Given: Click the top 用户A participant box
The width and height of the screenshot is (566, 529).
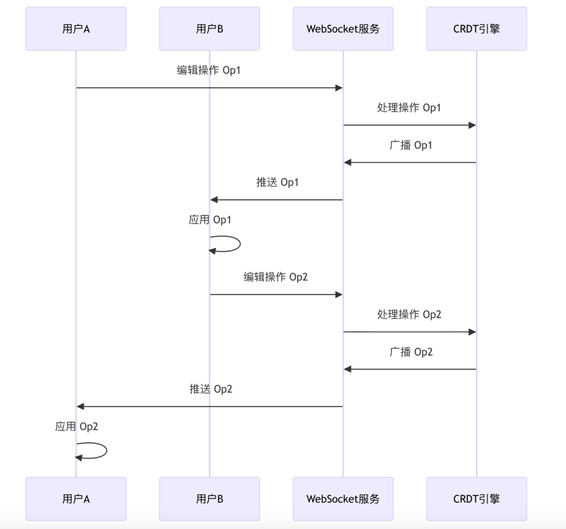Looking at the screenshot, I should (x=76, y=29).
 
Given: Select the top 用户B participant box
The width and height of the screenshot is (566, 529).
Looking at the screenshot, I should (x=210, y=29).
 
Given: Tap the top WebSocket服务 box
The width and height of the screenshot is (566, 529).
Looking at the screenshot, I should (x=343, y=29).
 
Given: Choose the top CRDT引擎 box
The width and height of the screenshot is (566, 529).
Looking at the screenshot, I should (x=476, y=29).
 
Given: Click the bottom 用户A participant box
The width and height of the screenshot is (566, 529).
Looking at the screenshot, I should (x=76, y=499).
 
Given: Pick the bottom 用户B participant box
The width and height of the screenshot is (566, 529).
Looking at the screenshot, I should (x=210, y=499).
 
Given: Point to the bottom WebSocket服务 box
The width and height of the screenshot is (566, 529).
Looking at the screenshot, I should (x=343, y=499).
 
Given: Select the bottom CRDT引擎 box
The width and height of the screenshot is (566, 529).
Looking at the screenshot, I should (x=476, y=499).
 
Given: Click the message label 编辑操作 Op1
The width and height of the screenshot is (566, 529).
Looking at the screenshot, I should (x=209, y=70).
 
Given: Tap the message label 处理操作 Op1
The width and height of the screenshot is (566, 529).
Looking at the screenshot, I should (x=409, y=108).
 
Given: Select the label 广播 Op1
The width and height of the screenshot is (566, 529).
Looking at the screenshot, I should (x=411, y=145).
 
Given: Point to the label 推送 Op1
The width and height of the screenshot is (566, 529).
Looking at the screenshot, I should (x=277, y=183).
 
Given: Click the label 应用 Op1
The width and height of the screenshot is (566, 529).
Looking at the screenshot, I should (x=210, y=220).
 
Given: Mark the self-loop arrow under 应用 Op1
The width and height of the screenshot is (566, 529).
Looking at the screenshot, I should (x=231, y=244).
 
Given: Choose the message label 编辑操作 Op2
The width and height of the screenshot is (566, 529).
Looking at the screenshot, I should (x=276, y=277).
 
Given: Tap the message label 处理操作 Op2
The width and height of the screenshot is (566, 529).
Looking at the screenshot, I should (x=409, y=314).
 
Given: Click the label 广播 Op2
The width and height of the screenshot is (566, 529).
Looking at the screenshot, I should (x=411, y=352).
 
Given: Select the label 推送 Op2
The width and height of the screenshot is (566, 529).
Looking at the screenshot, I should (x=211, y=389).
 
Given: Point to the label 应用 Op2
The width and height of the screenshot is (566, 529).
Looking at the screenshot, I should (x=77, y=427).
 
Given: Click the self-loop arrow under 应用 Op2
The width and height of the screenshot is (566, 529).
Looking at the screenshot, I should (x=97, y=451).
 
